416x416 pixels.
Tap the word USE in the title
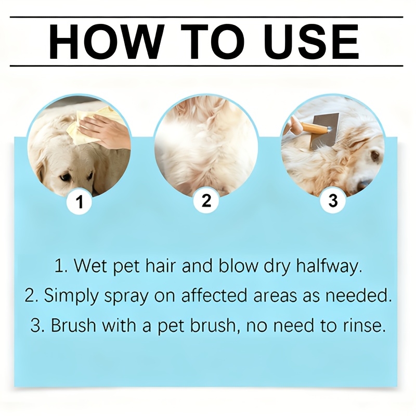tap(311, 42)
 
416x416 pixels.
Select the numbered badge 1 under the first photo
tap(80, 202)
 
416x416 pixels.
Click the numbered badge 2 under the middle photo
tap(206, 201)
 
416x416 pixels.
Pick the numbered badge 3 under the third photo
tap(333, 201)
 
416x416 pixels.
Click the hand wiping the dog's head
tap(106, 130)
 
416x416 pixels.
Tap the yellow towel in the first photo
tap(85, 125)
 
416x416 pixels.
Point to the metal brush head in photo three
tap(327, 131)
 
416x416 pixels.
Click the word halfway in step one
tap(329, 266)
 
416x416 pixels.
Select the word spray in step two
tap(126, 296)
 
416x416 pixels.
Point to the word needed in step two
tap(359, 295)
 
